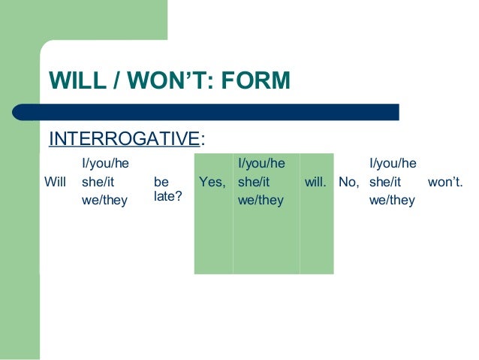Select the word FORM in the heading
tap(255, 80)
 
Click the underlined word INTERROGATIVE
tap(124, 139)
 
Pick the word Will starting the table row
tap(56, 181)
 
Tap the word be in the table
tap(161, 181)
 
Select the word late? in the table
tap(167, 195)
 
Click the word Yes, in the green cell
tap(212, 181)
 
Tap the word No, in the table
tap(349, 181)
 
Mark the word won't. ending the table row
tap(445, 181)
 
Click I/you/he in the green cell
tap(261, 162)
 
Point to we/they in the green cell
tap(260, 200)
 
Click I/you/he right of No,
tap(393, 162)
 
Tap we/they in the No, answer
tap(392, 200)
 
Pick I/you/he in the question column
tap(104, 162)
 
